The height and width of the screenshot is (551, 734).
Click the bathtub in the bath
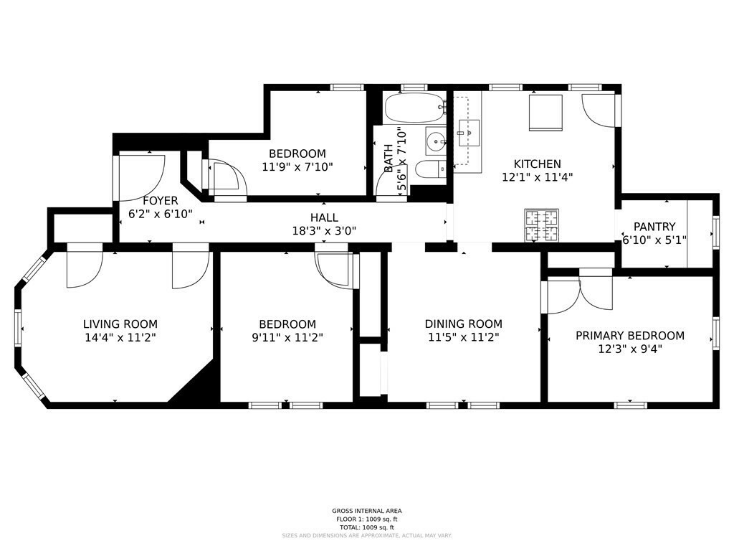point(415,108)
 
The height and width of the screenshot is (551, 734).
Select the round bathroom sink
point(437,140)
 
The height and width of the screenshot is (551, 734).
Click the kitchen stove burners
point(542,225)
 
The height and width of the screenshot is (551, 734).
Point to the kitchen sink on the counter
point(469,133)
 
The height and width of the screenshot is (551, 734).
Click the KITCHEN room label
point(538,164)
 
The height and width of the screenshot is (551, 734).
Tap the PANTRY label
point(654,227)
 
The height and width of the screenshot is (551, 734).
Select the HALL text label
point(325,217)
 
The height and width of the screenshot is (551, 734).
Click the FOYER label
point(161,201)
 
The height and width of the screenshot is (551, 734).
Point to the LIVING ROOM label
point(120,324)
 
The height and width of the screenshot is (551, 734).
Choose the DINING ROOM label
point(464,324)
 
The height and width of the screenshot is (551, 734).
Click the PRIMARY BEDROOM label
point(630,336)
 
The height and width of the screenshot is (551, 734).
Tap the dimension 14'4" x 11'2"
point(120,337)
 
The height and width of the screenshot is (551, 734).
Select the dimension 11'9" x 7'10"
point(297,166)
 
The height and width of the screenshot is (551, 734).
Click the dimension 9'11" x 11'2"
point(287,337)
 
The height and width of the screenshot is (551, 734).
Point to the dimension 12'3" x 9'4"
point(630,349)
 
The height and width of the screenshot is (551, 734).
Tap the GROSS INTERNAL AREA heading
point(367,511)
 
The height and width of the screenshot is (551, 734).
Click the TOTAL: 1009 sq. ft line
point(367,527)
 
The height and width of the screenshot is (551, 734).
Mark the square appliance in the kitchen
point(545,113)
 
